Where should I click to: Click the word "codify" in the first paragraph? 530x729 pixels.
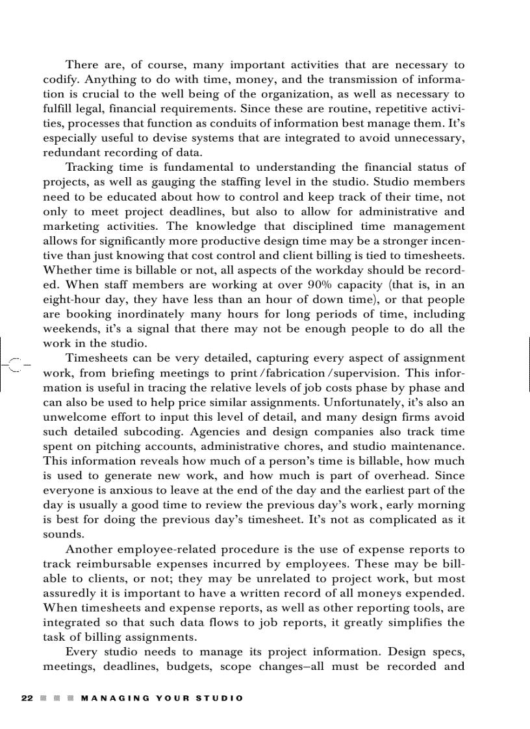60,80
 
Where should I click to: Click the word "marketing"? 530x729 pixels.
71,226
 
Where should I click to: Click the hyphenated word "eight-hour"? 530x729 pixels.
73,299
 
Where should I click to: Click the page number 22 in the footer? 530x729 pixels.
27,698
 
